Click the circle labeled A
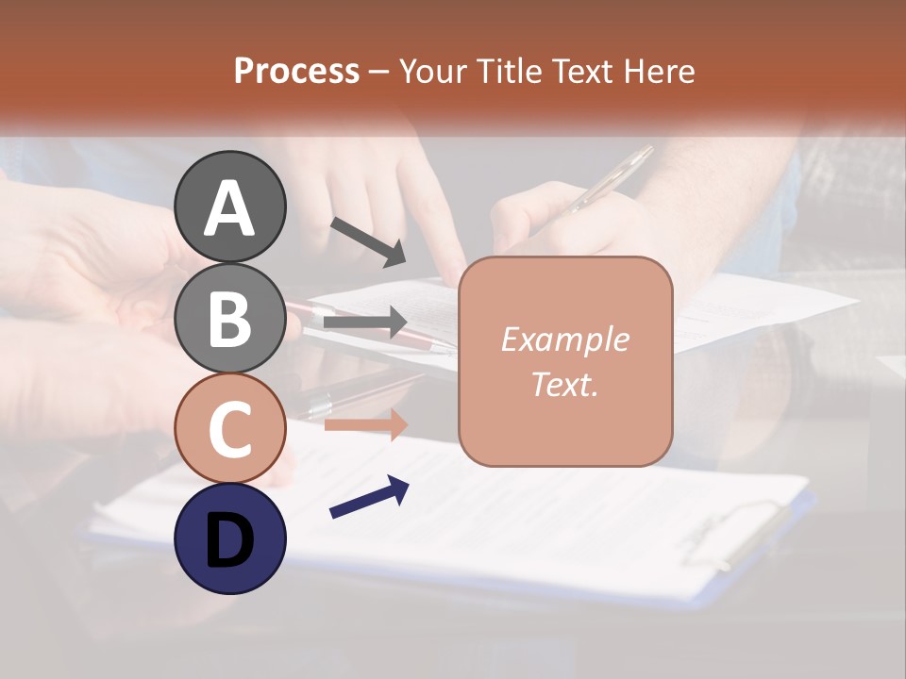(230, 207)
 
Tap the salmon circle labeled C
(230, 428)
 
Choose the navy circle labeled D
(230, 538)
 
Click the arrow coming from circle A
(368, 241)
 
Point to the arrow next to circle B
(365, 323)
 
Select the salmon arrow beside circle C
(365, 424)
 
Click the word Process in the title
(296, 71)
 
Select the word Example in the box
(564, 339)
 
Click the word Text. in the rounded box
(564, 385)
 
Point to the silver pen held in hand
(604, 179)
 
